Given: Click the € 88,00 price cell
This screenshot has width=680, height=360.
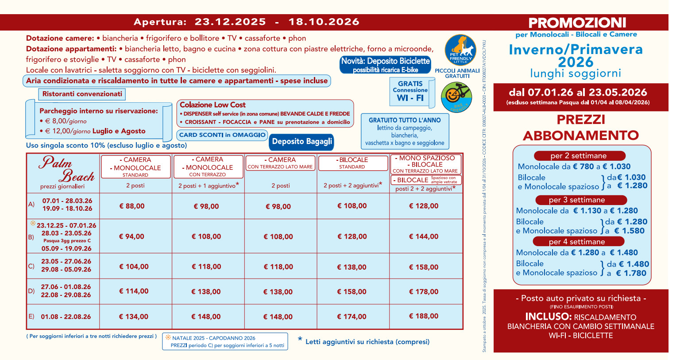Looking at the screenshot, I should click(x=132, y=206).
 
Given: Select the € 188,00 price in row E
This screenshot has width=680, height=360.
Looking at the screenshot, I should click(x=424, y=316).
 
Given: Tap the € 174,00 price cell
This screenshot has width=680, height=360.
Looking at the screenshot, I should click(x=352, y=317).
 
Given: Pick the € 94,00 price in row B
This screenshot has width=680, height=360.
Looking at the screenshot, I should click(x=131, y=236).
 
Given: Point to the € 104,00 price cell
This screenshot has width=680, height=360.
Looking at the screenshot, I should click(x=134, y=267).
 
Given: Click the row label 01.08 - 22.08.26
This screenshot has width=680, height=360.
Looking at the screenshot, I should click(x=66, y=317).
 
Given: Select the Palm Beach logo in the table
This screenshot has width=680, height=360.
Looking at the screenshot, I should click(x=66, y=170).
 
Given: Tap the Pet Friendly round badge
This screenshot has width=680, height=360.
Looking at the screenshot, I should click(x=460, y=50).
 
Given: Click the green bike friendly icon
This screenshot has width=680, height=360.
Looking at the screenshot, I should click(x=456, y=97).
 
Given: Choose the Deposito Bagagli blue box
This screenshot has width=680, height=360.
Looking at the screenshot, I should click(x=302, y=142).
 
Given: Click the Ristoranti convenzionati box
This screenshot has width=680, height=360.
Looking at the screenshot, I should click(x=82, y=94).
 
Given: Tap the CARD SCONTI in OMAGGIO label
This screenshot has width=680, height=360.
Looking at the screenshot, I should click(x=222, y=135).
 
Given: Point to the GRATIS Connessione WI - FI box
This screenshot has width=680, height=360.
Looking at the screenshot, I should click(x=410, y=91).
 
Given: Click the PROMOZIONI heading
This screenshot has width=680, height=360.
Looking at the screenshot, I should click(x=577, y=23).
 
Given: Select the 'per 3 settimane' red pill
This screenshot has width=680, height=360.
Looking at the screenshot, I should click(x=576, y=200).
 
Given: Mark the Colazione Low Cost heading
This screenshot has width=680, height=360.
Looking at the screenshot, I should click(x=212, y=105).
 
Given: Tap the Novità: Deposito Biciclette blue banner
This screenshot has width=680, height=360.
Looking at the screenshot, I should click(x=385, y=65).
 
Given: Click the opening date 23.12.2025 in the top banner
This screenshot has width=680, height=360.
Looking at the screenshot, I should click(x=230, y=22).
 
